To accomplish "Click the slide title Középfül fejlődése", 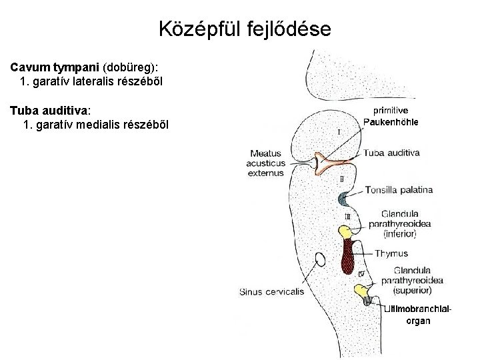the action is click(244, 29).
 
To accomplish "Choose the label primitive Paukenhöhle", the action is click(391, 116).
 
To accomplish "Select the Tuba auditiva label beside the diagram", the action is click(393, 153).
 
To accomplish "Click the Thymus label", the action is click(391, 253).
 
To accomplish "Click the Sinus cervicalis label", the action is click(271, 291).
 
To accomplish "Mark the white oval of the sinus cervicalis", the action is click(319, 259).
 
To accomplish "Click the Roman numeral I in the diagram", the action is click(339, 132).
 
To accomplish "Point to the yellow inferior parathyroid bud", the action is click(346, 231).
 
